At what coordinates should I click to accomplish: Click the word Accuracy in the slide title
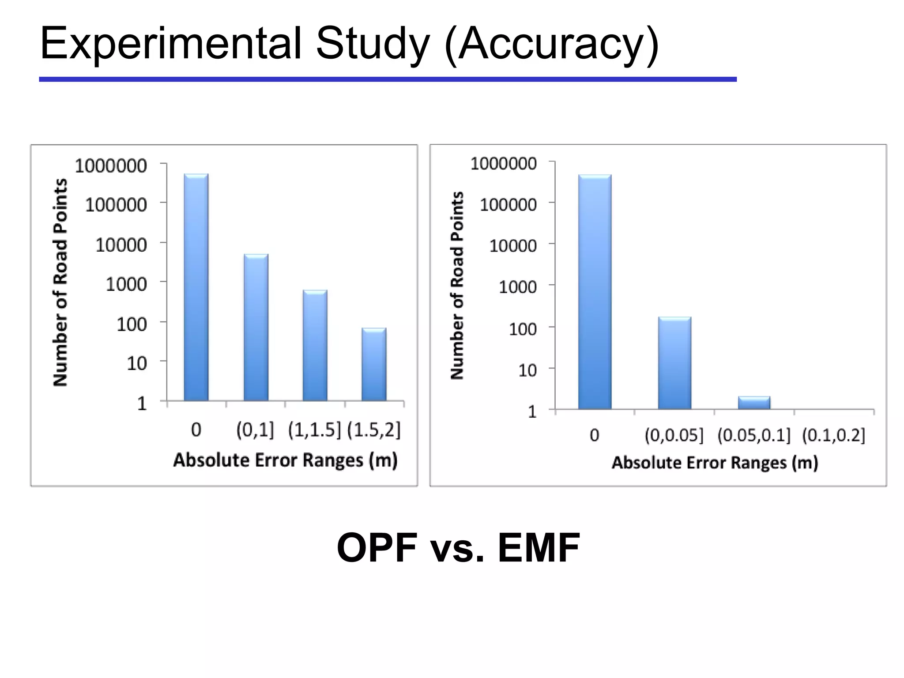(x=552, y=44)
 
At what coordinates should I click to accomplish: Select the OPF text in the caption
(x=377, y=548)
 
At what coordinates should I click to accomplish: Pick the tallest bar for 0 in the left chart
(x=196, y=287)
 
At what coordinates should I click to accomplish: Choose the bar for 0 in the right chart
(x=595, y=291)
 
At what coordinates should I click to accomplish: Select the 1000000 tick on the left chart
(x=111, y=166)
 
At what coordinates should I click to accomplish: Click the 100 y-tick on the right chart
(x=523, y=329)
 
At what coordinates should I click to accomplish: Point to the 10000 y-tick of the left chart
(x=121, y=245)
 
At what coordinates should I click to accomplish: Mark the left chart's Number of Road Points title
(x=60, y=282)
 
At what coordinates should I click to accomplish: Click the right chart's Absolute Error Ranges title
(x=715, y=463)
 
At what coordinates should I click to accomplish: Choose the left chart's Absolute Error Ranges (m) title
(x=285, y=460)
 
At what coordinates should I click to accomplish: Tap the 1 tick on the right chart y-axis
(x=532, y=412)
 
